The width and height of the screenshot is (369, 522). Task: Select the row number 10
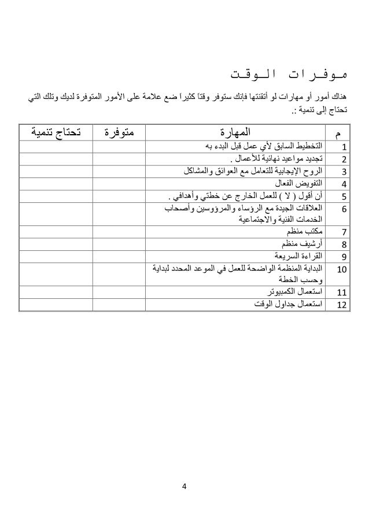point(342,269)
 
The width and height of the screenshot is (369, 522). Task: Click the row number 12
point(342,304)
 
